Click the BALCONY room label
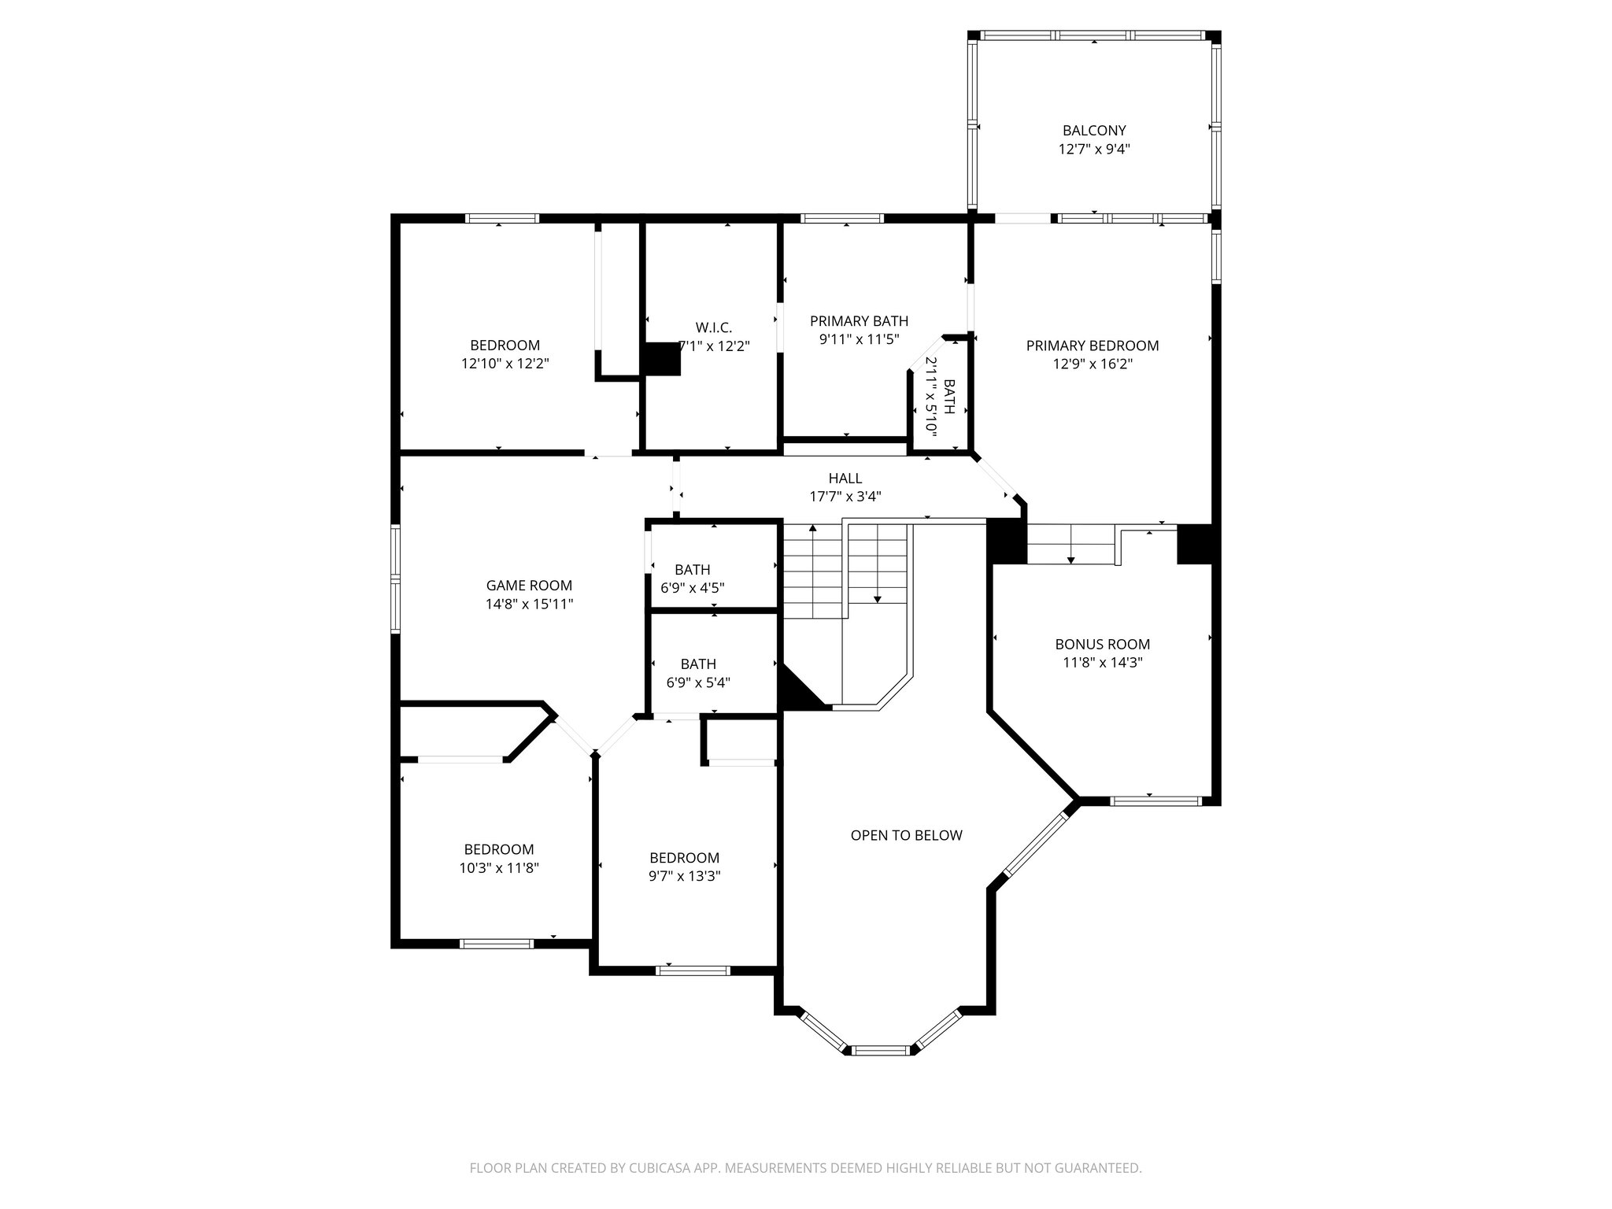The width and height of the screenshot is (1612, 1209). pyautogui.click(x=1094, y=131)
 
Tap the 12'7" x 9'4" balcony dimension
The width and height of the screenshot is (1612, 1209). pyautogui.click(x=1094, y=149)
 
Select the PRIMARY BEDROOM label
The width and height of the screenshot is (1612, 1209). pyautogui.click(x=1093, y=346)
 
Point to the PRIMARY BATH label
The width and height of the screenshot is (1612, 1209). pyautogui.click(x=859, y=321)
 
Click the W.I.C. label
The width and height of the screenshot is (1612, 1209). pyautogui.click(x=714, y=327)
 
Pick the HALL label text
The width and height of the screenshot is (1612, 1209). pyautogui.click(x=845, y=479)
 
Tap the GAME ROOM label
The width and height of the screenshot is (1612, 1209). pyautogui.click(x=529, y=586)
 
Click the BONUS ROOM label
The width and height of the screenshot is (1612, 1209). pyautogui.click(x=1103, y=644)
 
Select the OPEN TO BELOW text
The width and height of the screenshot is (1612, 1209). pyautogui.click(x=906, y=835)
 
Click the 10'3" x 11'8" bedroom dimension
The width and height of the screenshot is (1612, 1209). pyautogui.click(x=499, y=868)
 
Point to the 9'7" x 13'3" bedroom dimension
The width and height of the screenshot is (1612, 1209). pyautogui.click(x=685, y=876)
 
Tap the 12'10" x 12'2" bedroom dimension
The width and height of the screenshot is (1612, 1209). pyautogui.click(x=505, y=364)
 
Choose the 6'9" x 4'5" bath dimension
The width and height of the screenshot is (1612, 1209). pyautogui.click(x=693, y=588)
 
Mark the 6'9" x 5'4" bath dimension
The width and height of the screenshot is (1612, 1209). pyautogui.click(x=698, y=683)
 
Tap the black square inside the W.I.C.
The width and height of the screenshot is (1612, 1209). pyautogui.click(x=662, y=360)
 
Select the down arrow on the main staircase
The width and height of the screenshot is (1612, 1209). pyautogui.click(x=878, y=598)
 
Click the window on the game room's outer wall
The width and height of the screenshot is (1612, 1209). pyautogui.click(x=396, y=579)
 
